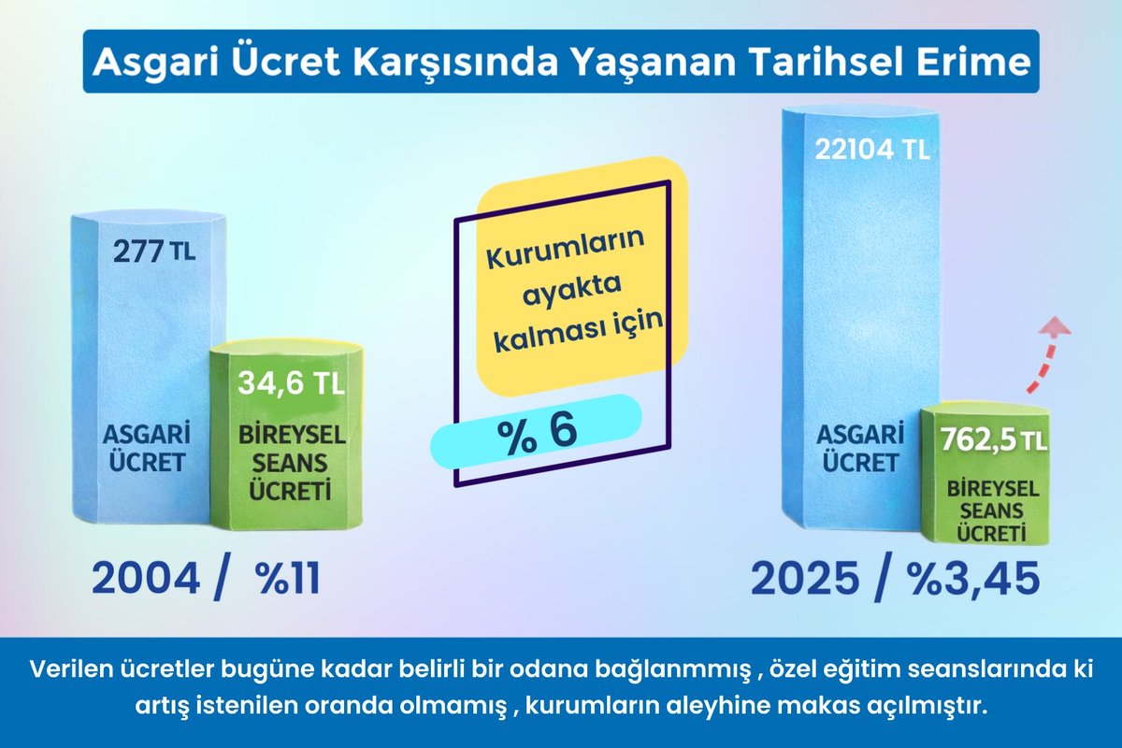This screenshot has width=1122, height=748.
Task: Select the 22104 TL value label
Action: point(871,150)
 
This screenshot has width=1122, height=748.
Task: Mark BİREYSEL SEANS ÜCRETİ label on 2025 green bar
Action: point(986,510)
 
